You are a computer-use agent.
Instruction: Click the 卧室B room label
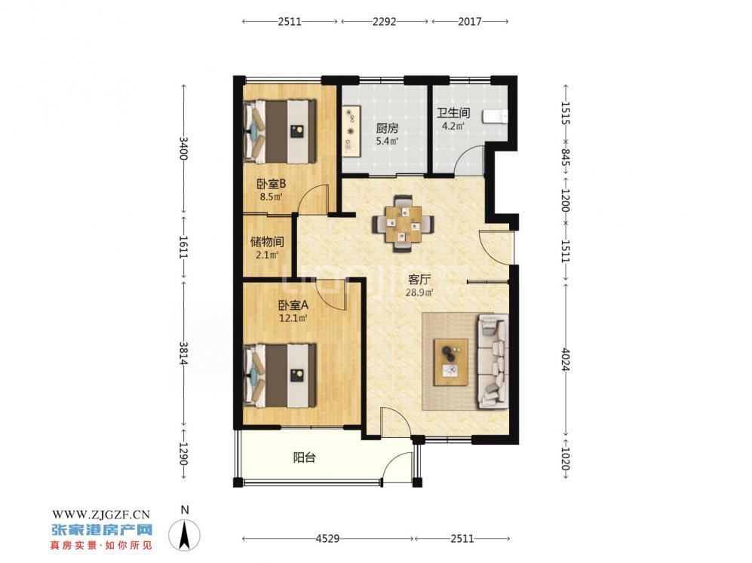click(272, 183)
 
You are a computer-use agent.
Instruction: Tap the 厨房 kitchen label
click(387, 128)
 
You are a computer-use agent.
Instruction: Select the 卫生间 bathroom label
click(453, 113)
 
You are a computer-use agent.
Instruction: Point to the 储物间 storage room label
click(267, 241)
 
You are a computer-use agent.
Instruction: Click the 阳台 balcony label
click(305, 457)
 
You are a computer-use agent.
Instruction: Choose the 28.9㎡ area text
click(419, 292)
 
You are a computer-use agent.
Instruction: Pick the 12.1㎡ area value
click(293, 317)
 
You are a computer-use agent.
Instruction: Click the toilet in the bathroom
click(495, 116)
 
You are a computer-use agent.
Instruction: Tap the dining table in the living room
click(404, 223)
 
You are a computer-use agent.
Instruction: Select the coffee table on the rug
click(451, 363)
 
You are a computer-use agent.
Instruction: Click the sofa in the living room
click(493, 362)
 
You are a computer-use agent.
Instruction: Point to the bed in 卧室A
click(280, 375)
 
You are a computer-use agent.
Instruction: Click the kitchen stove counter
click(352, 130)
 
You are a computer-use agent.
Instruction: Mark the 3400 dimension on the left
click(183, 148)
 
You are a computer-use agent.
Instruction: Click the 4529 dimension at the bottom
click(327, 539)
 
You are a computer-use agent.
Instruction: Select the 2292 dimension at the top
click(384, 22)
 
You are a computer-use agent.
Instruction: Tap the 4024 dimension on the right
click(566, 359)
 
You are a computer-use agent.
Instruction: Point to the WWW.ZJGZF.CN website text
click(101, 515)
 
